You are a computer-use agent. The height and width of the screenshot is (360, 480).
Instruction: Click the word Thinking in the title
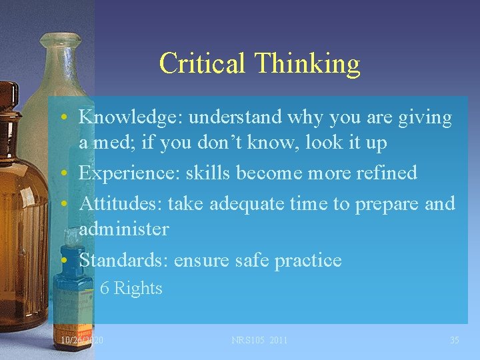click(307, 65)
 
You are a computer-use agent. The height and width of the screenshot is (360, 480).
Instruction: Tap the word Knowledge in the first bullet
click(131, 118)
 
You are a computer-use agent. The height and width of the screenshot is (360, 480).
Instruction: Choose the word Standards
click(123, 260)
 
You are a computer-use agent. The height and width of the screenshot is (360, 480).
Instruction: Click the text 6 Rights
click(131, 288)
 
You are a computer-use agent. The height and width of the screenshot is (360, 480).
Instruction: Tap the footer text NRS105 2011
click(259, 340)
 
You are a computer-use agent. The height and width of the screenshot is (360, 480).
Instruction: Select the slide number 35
click(454, 340)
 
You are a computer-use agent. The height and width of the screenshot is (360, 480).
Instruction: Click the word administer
click(124, 229)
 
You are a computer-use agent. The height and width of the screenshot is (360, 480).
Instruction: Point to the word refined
click(387, 173)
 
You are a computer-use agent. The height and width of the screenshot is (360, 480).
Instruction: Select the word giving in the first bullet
click(426, 118)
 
